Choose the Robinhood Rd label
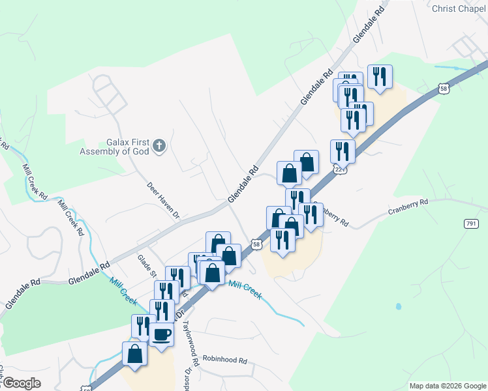point(225,360)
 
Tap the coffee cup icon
point(162,335)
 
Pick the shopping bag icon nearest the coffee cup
point(135,355)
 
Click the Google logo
point(22,383)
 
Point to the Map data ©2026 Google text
point(448,386)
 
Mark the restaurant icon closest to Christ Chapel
point(379,78)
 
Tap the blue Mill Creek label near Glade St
point(123,291)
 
